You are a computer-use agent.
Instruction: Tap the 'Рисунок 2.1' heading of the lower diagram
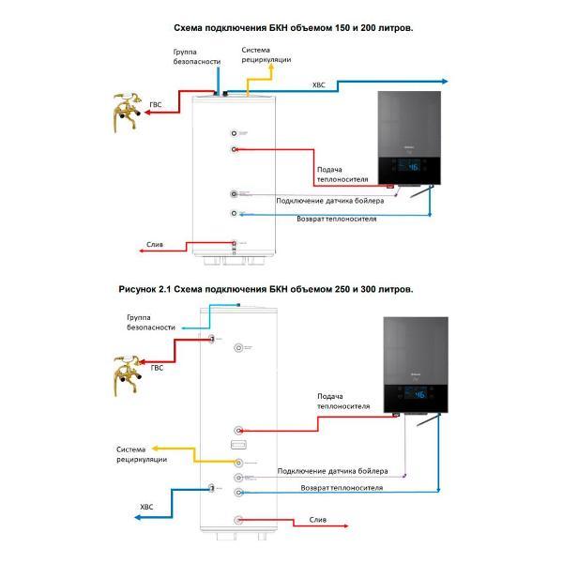pyautogui.click(x=145, y=289)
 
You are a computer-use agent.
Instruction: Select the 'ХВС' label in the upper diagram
pyautogui.click(x=320, y=85)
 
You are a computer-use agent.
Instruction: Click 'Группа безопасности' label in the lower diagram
pyautogui.click(x=145, y=323)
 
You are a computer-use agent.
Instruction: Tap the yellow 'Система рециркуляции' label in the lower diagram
pyautogui.click(x=142, y=454)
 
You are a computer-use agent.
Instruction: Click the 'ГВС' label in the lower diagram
pyautogui.click(x=156, y=368)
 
